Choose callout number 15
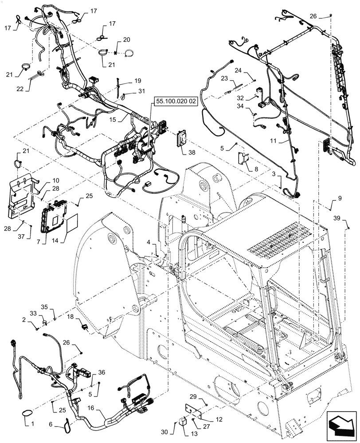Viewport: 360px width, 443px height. pyautogui.click(x=113, y=120)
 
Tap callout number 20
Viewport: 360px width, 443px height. pyautogui.click(x=126, y=40)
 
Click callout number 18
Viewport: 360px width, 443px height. pyautogui.click(x=71, y=318)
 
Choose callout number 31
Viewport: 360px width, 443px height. pyautogui.click(x=141, y=91)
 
